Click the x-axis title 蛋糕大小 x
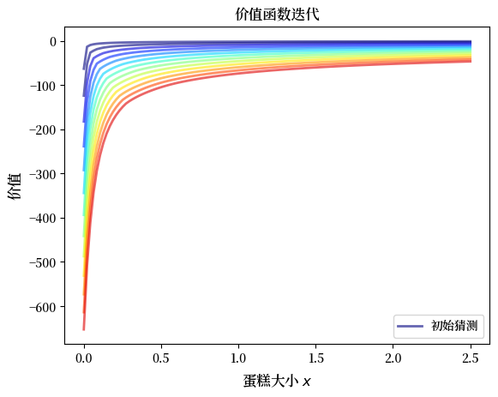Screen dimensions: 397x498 point(276,380)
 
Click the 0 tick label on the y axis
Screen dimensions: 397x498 point(52,41)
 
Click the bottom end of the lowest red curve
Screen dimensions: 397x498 point(83,328)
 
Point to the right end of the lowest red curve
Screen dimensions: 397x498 point(471,61)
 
